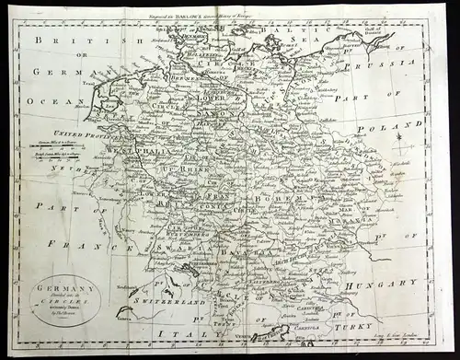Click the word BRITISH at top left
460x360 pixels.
tap(64, 41)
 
